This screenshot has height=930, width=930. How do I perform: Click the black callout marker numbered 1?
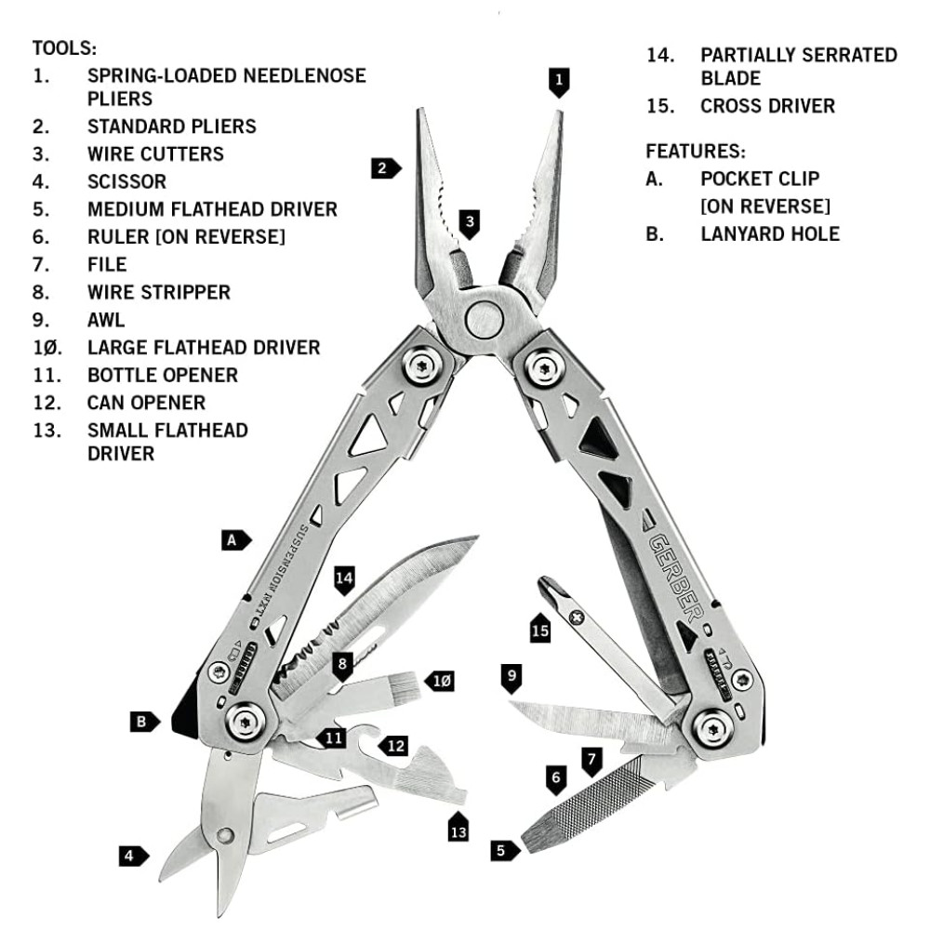click(558, 82)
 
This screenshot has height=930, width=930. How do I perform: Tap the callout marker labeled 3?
click(471, 222)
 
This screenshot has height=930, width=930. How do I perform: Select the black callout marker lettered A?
click(236, 539)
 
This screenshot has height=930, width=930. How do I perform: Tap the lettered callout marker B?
click(142, 721)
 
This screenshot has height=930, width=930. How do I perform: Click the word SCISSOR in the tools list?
click(126, 181)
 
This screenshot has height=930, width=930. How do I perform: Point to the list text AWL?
click(106, 320)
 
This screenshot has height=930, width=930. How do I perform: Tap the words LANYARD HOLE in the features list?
click(770, 233)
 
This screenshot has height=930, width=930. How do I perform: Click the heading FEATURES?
click(696, 151)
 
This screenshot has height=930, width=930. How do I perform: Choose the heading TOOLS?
click(64, 47)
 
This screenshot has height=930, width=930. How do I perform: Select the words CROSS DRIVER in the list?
click(767, 106)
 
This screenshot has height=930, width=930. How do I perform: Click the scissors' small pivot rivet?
click(224, 834)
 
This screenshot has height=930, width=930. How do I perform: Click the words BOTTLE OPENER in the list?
click(163, 376)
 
